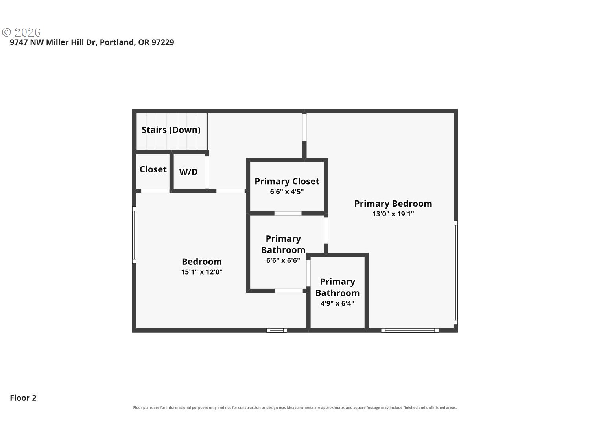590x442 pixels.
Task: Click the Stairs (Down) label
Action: click(171, 130)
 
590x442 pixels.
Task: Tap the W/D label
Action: click(188, 172)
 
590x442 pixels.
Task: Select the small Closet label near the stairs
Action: click(153, 169)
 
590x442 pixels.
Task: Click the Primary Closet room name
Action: click(287, 182)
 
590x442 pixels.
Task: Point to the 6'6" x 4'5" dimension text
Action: click(287, 192)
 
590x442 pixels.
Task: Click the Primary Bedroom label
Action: click(393, 204)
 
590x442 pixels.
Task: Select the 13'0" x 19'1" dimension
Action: click(393, 214)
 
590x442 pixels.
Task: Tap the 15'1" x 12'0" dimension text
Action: click(202, 272)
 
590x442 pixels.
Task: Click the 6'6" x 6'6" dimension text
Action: click(283, 260)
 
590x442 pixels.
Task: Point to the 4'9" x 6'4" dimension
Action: click(337, 303)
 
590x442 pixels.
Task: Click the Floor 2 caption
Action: click(23, 398)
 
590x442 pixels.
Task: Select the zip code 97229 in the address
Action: click(162, 42)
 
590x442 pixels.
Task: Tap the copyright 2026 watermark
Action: click(21, 33)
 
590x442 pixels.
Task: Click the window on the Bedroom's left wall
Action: click(134, 235)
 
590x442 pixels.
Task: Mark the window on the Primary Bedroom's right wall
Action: click(455, 272)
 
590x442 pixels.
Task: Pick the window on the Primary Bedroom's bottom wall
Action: click(410, 331)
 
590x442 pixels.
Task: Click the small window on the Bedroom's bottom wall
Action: click(277, 331)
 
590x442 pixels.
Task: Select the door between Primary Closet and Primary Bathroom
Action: click(288, 214)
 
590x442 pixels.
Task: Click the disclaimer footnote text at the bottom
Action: click(295, 407)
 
